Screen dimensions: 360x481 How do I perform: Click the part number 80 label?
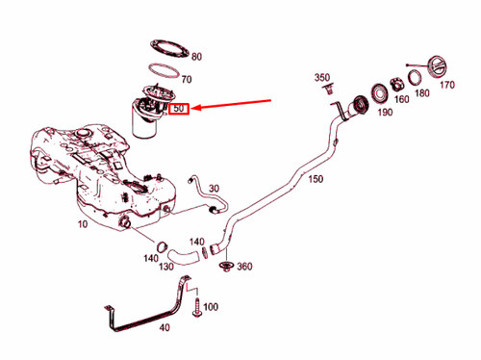tap(197, 57)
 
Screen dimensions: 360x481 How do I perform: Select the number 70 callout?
tap(187, 80)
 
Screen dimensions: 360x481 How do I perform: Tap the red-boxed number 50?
tap(179, 110)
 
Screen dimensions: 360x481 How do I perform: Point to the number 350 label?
tap(322, 77)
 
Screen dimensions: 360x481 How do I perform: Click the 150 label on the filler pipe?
tap(316, 179)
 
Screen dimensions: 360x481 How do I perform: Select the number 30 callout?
tap(214, 190)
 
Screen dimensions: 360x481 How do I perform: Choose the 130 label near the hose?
tap(166, 267)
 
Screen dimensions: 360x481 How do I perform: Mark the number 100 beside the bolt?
tap(211, 307)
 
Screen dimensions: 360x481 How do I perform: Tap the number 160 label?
tap(400, 98)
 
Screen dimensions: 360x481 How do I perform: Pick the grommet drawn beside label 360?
tap(226, 266)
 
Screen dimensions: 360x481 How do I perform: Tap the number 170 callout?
tap(446, 85)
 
